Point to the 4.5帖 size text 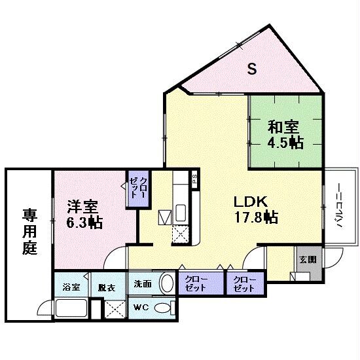284,143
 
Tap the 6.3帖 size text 84,223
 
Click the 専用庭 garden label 29,231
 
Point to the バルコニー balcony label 340,209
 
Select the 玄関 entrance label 308,259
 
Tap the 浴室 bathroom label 71,287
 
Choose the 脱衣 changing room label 107,287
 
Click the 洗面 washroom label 143,284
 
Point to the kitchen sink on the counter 182,213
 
